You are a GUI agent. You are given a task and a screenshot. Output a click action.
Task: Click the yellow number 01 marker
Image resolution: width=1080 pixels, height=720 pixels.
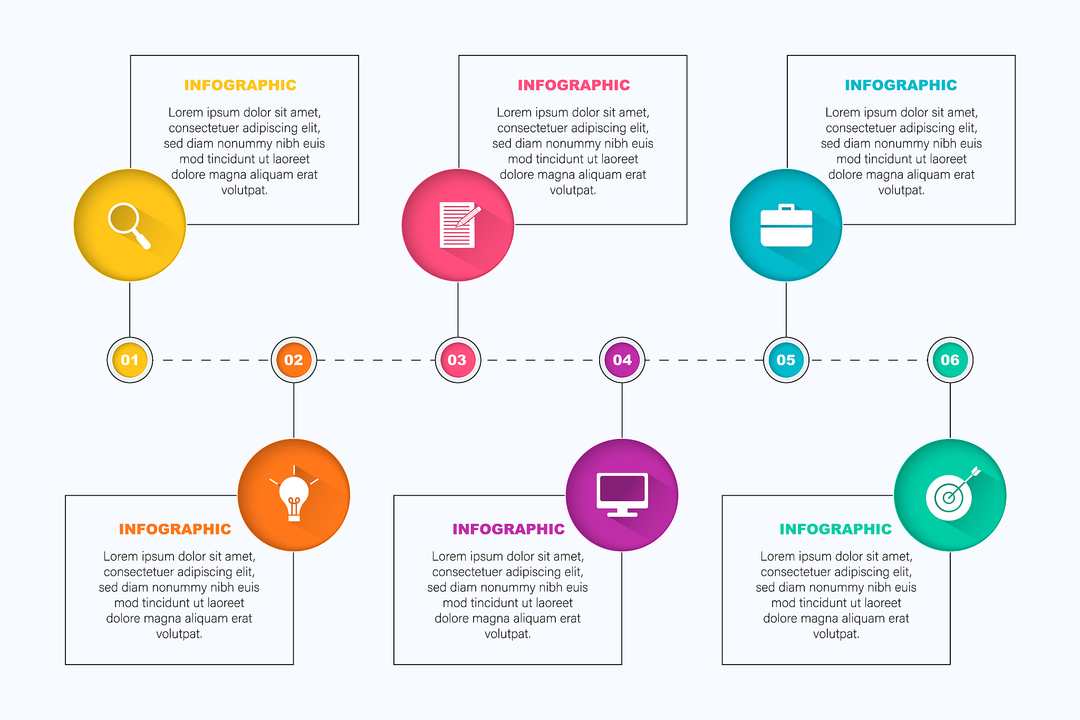[x=130, y=360]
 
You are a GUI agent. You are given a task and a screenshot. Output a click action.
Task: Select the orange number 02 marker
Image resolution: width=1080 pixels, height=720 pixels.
[x=294, y=360]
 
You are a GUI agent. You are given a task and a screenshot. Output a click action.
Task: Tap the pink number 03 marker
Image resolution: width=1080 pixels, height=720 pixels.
[x=458, y=360]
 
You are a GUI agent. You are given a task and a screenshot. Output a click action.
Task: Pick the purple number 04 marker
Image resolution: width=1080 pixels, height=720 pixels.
[x=622, y=360]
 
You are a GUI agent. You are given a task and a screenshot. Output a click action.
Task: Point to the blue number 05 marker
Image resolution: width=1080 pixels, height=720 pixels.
[x=786, y=360]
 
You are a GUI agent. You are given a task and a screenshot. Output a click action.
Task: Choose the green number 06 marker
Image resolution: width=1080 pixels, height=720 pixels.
[x=950, y=360]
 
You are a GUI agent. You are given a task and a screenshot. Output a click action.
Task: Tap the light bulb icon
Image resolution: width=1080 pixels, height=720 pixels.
[x=294, y=494]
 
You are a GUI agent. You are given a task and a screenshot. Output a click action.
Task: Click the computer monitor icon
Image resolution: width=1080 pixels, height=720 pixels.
[x=622, y=494]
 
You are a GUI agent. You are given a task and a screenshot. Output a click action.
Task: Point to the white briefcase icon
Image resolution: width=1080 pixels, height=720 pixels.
[x=786, y=226]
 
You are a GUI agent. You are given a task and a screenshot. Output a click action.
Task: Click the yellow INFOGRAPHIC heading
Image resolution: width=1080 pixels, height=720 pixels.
[x=240, y=85]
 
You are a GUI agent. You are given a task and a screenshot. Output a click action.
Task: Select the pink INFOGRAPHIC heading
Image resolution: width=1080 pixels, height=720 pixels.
[x=574, y=85]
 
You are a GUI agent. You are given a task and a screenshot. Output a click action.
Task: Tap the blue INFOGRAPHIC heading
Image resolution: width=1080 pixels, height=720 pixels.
[x=901, y=85]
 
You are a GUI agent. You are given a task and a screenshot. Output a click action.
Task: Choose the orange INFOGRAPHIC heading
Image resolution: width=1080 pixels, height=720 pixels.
[x=175, y=529]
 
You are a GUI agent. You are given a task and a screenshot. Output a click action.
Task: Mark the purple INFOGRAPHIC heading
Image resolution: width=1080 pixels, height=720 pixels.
[x=508, y=529]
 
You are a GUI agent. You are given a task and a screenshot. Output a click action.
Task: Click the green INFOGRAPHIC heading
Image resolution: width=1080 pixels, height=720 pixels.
[x=835, y=529]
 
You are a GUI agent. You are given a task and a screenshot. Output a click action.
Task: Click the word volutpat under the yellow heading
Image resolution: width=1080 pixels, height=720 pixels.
[x=244, y=190]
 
